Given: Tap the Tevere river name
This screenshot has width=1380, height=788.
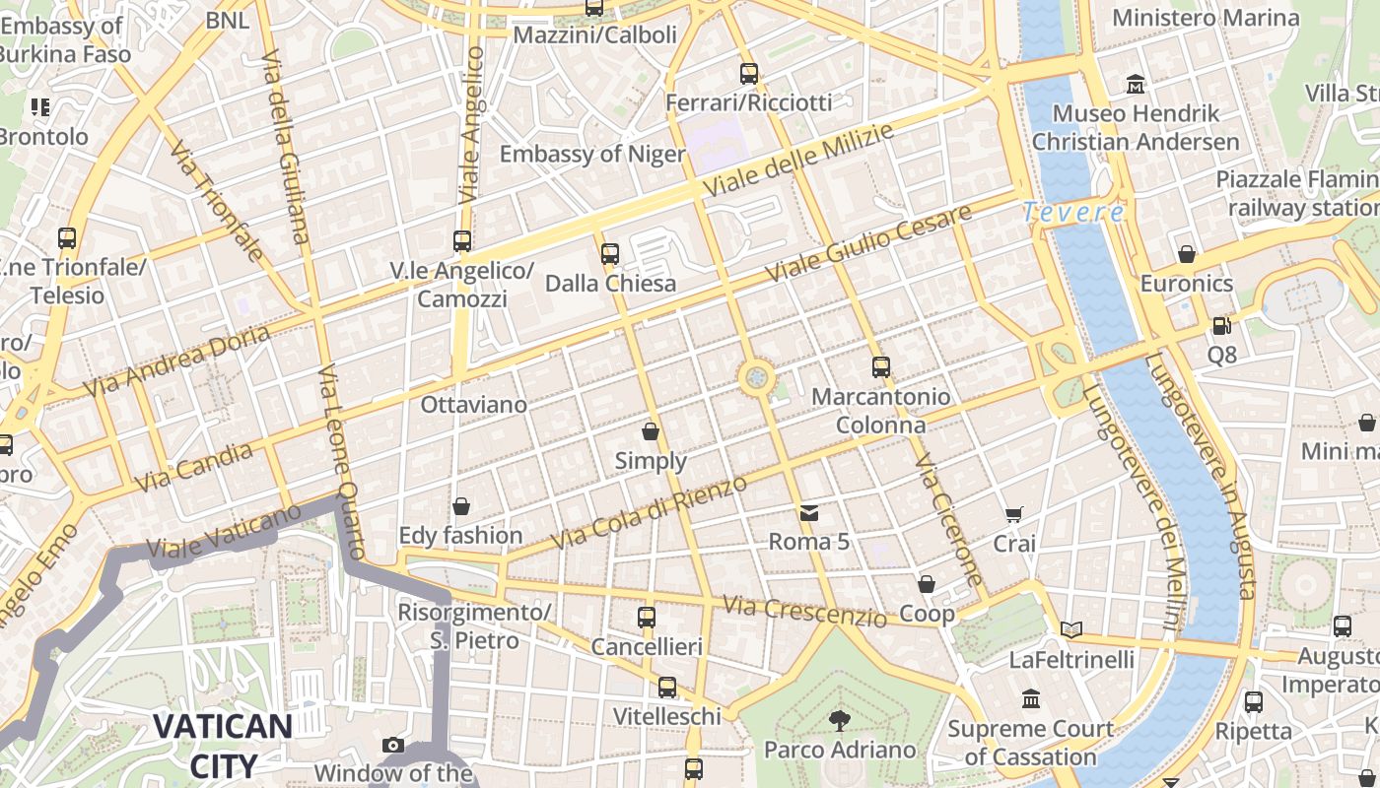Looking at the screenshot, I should click(x=1072, y=212).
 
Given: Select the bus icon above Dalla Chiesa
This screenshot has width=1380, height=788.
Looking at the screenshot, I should click(x=610, y=254).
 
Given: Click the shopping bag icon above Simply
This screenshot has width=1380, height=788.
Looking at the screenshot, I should click(x=651, y=431).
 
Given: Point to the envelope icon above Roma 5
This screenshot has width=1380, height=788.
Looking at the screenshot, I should click(x=809, y=512).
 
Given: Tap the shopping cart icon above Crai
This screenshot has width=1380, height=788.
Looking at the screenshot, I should click(x=1013, y=514).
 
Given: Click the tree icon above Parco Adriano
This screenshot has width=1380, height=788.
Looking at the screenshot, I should click(x=839, y=721).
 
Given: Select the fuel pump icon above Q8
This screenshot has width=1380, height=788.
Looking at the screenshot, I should click(x=1221, y=325).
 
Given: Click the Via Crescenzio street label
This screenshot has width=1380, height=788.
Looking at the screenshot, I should click(x=805, y=611).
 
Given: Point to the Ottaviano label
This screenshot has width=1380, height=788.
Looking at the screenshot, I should click(x=473, y=405).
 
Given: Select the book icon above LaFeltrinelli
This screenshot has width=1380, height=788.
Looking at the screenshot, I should click(x=1071, y=629).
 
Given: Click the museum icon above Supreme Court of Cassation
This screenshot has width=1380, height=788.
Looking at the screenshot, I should click(x=1031, y=699).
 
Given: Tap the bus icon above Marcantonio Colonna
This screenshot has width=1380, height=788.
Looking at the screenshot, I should click(x=881, y=367).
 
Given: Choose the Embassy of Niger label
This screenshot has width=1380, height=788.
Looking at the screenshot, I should click(x=591, y=155).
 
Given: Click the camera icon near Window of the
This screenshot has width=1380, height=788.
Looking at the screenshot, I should click(x=393, y=745).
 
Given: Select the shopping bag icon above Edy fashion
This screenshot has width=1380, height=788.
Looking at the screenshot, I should click(x=460, y=506).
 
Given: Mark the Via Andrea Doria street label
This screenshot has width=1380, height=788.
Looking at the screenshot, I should click(x=177, y=361).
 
